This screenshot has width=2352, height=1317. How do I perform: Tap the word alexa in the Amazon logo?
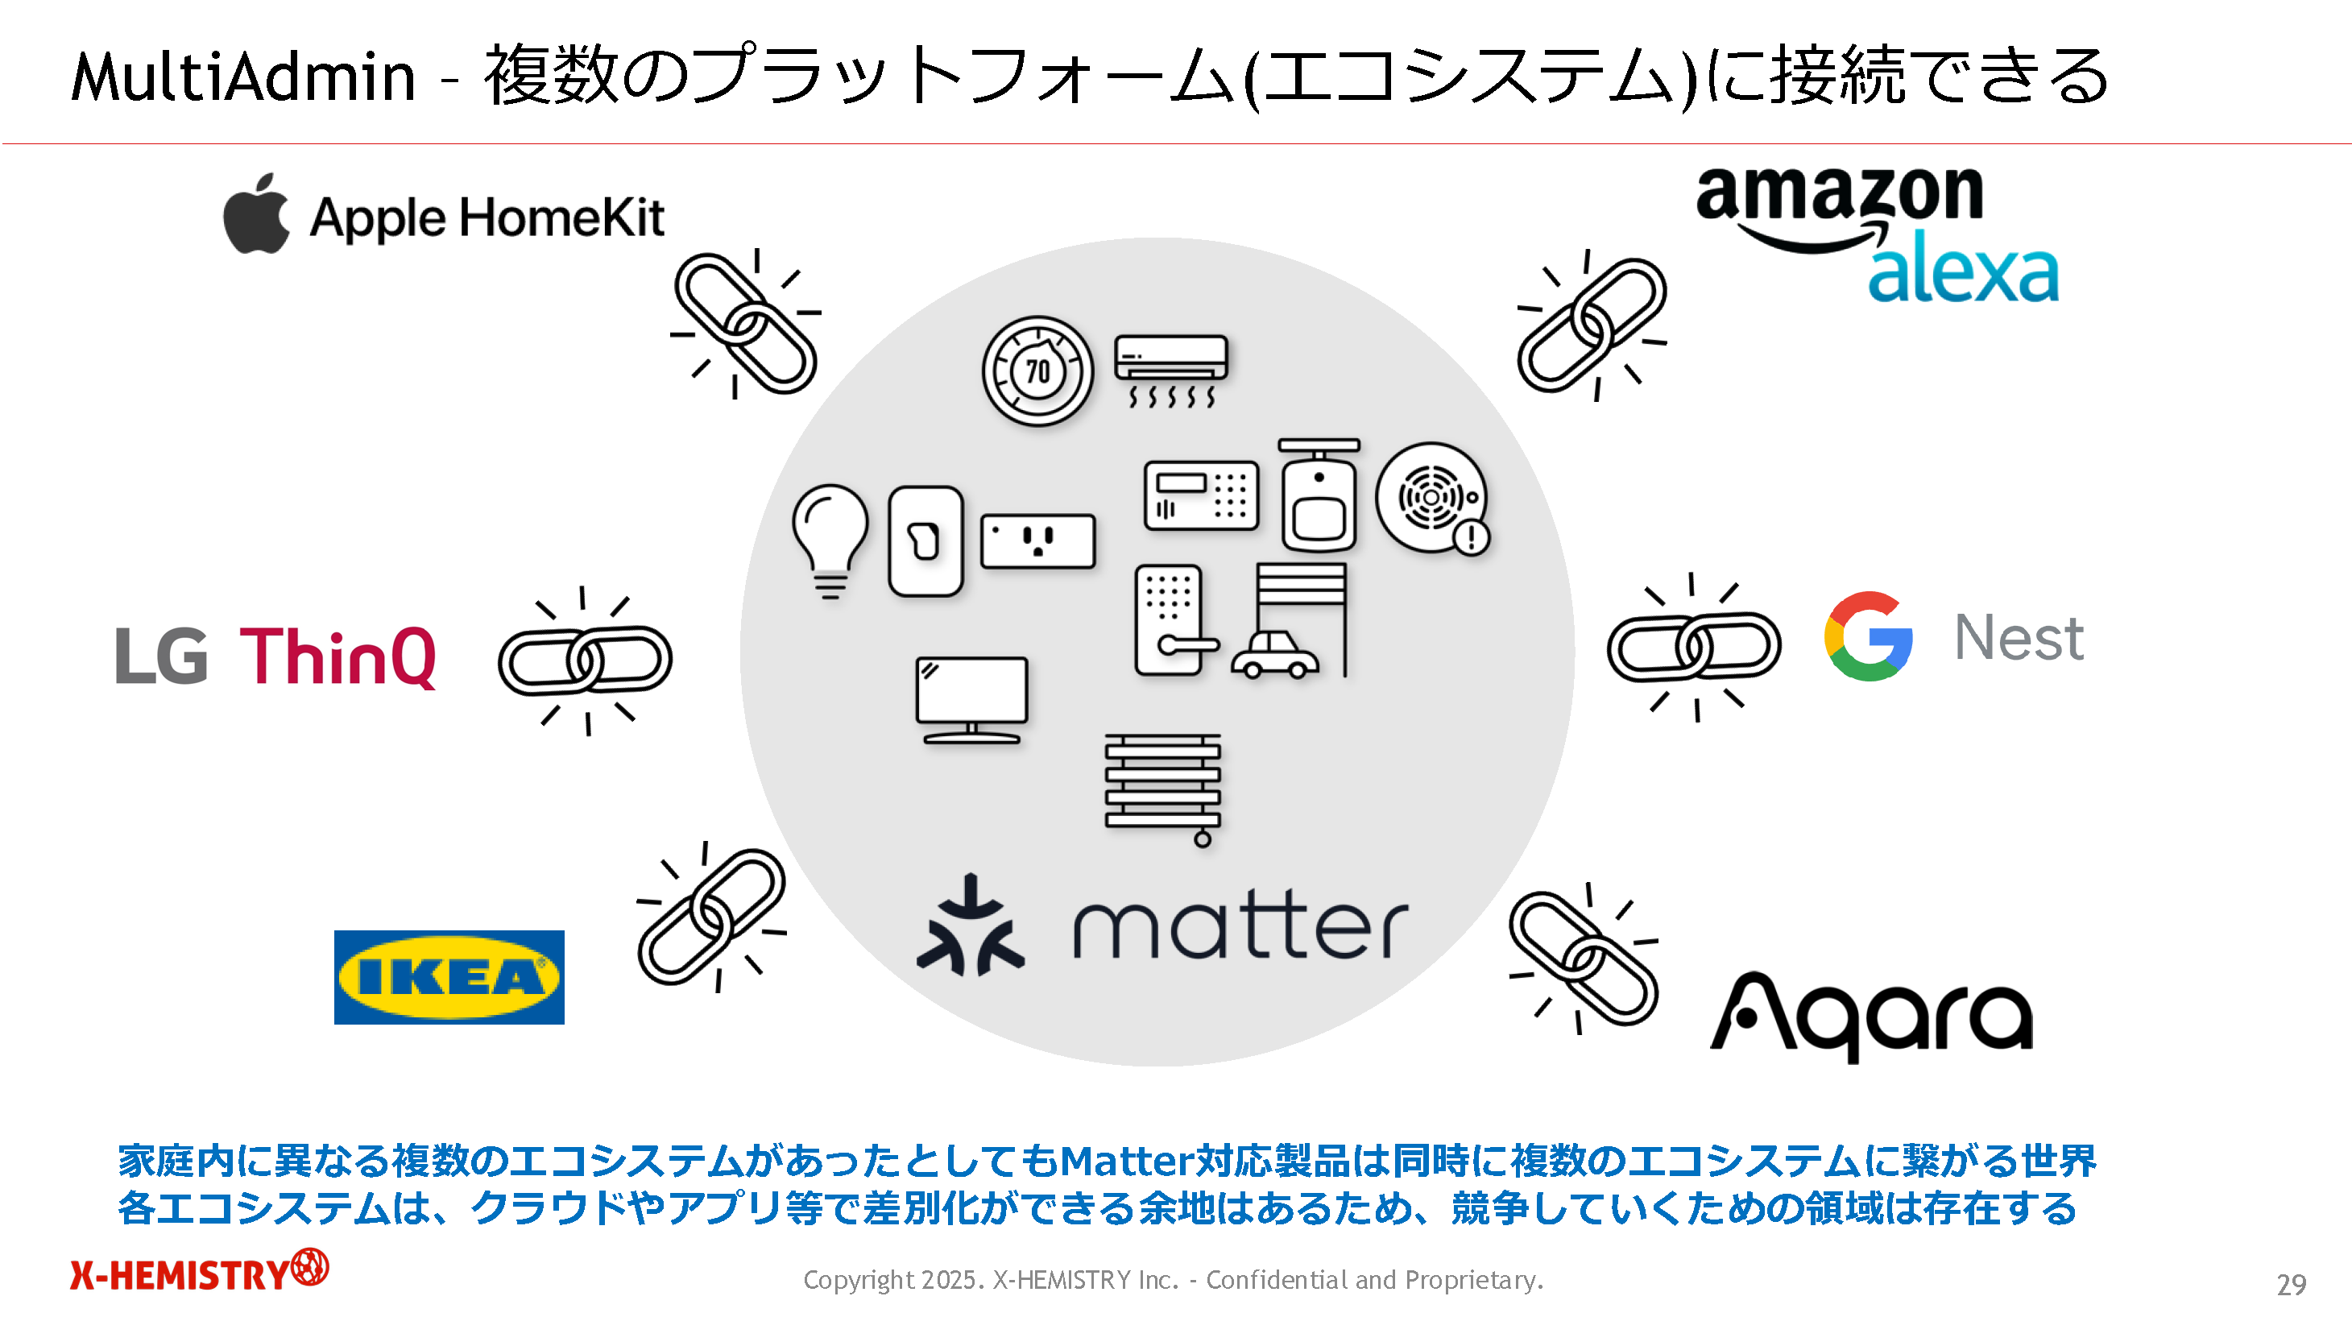pos(1963,269)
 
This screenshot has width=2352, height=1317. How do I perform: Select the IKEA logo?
pos(449,977)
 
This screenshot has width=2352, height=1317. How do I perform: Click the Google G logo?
pos(1867,636)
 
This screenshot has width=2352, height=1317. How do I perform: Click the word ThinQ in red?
pos(337,656)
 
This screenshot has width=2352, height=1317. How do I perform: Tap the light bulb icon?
pos(830,540)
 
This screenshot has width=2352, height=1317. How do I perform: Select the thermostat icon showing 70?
pos(1037,371)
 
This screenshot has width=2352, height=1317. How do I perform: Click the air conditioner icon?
pos(1171,369)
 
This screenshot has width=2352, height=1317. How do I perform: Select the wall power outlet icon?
pos(1038,540)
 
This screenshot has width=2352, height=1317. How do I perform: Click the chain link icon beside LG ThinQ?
pos(586,660)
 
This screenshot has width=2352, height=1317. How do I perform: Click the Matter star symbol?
pos(971,927)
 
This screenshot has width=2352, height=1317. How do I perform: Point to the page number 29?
pos(2291,1284)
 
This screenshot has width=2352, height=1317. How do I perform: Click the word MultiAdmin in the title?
pos(243,77)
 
